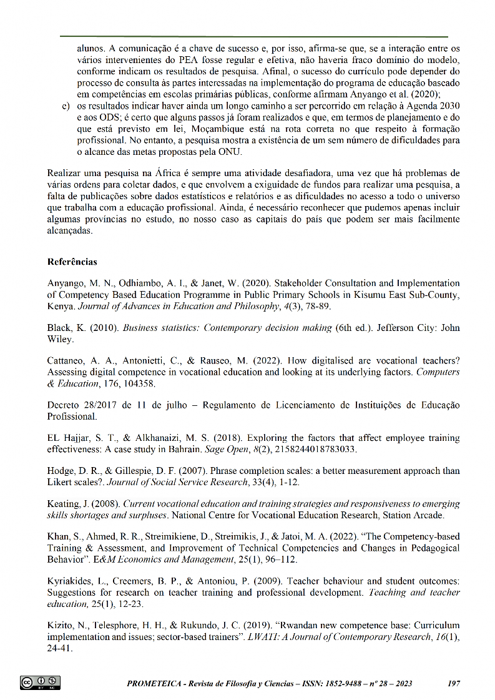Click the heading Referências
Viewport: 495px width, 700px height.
coord(72,261)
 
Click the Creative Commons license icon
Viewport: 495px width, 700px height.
coord(40,683)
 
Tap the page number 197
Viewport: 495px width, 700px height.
coord(454,683)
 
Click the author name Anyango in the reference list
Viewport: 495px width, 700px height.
coord(66,283)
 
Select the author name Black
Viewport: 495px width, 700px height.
coord(59,328)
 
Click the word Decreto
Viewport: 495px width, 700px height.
coord(63,405)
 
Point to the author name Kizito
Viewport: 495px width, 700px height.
coord(61,625)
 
